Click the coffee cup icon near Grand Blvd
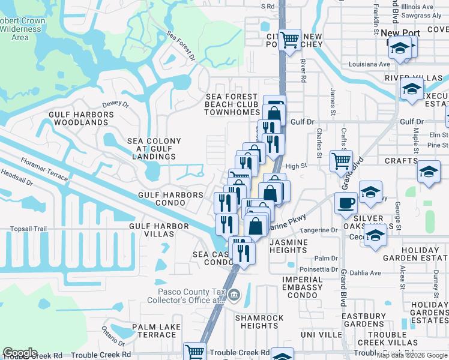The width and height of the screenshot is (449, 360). (x=346, y=203)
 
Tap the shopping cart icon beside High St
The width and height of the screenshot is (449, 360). (x=341, y=160)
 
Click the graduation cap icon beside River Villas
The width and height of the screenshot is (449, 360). (x=412, y=89)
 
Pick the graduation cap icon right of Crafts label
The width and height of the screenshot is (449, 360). (x=429, y=171)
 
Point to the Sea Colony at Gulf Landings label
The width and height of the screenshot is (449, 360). (x=154, y=149)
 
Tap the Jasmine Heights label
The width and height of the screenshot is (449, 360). (x=289, y=246)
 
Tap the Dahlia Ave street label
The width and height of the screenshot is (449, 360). (x=366, y=273)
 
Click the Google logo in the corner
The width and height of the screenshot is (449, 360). (x=20, y=353)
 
